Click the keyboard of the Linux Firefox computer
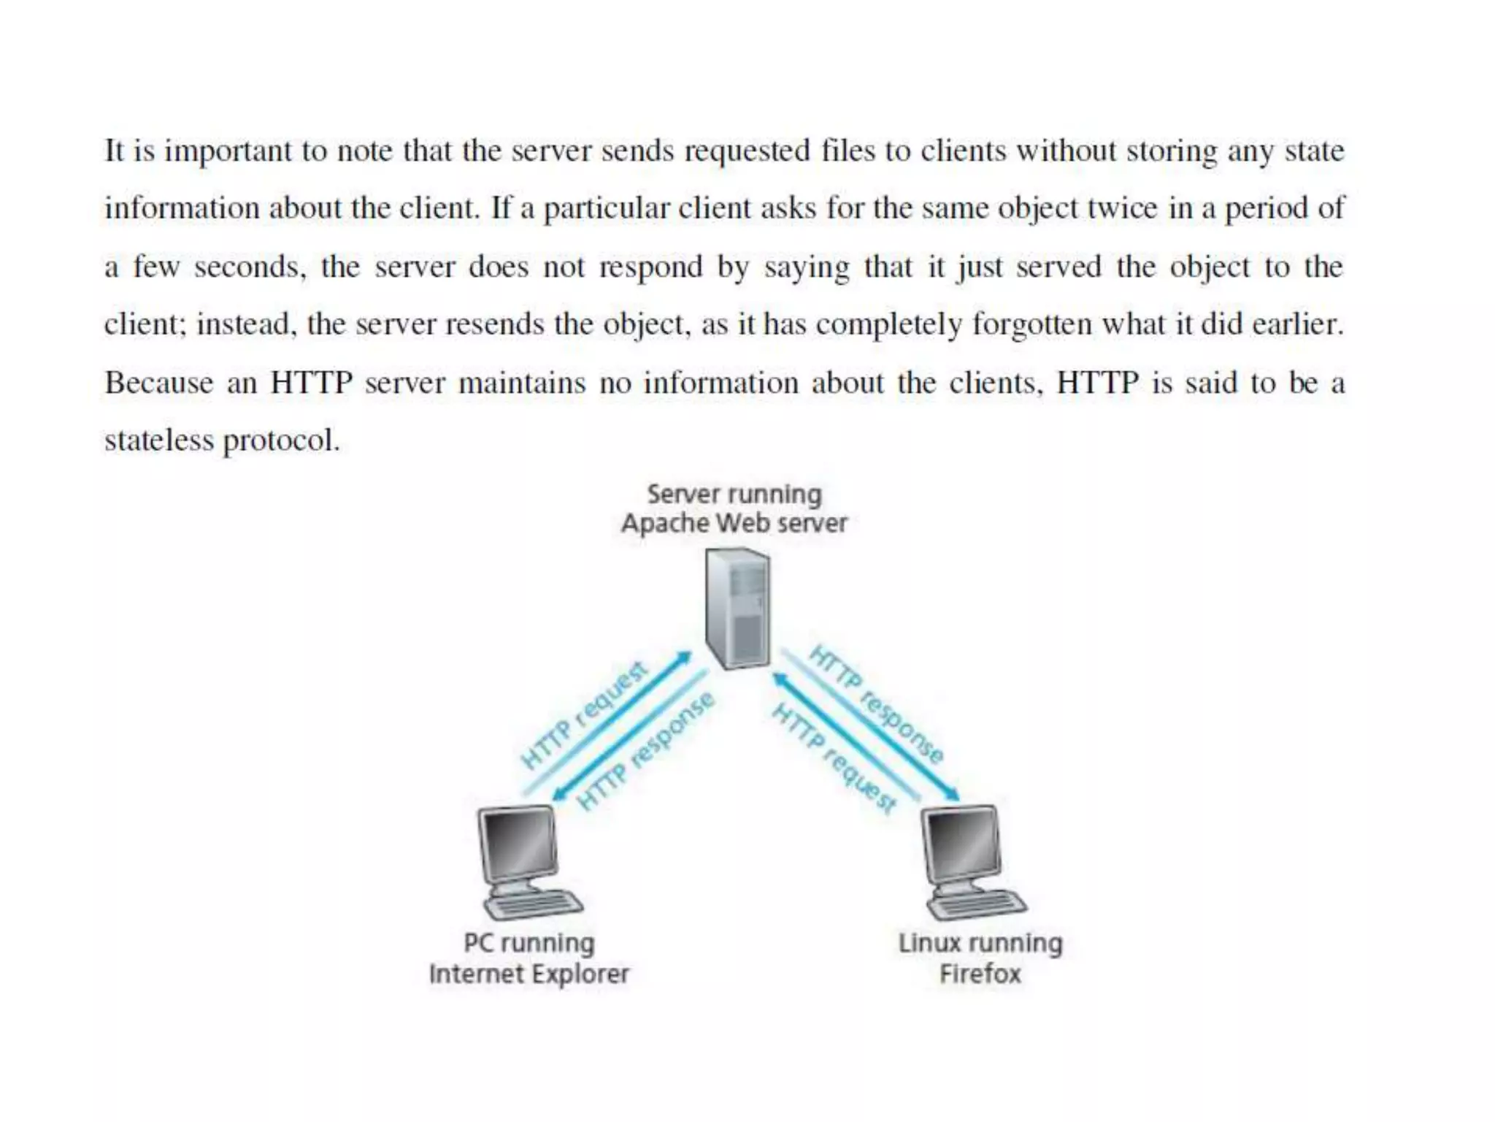pos(978,904)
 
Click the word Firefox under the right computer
pos(980,974)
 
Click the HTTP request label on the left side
pos(584,716)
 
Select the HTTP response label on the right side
pos(877,704)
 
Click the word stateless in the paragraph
pos(158,440)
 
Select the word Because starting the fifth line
pos(158,383)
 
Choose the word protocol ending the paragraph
pos(281,440)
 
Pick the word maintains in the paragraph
pos(522,383)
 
